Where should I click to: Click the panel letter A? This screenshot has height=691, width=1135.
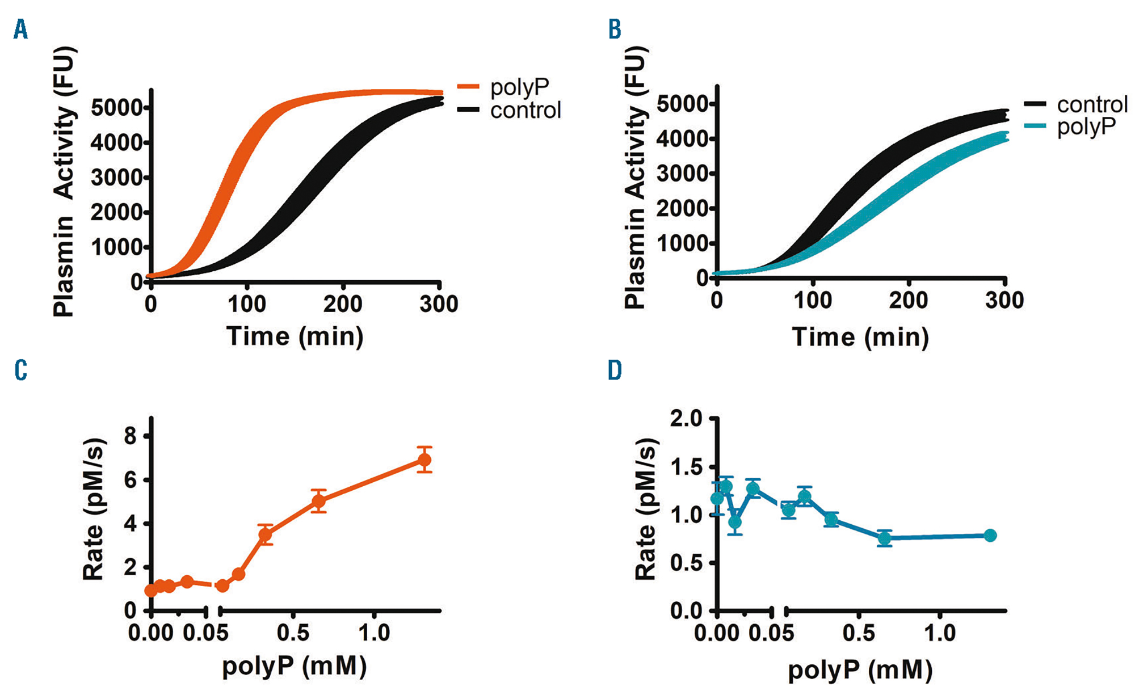click(20, 29)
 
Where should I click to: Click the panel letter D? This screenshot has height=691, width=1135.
click(615, 370)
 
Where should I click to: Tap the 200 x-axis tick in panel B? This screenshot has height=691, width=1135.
click(909, 300)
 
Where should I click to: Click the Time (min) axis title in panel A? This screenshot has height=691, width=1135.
click(295, 336)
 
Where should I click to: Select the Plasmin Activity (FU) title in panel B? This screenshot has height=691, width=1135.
click(635, 178)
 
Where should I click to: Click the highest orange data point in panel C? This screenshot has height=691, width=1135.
click(424, 460)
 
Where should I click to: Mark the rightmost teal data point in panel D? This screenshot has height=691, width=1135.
click(990, 535)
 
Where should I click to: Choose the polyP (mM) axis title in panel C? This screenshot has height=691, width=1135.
click(294, 665)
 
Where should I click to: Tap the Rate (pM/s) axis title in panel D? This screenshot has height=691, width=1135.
click(645, 509)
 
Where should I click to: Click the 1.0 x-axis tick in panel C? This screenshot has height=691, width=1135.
click(374, 633)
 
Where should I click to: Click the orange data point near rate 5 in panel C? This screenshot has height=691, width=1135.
click(319, 501)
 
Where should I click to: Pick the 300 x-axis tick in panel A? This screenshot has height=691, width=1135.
click(439, 305)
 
